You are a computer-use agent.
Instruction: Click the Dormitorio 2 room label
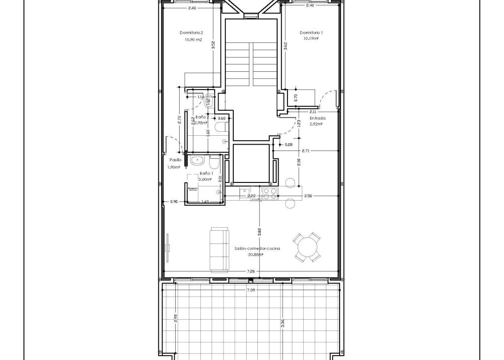pyautogui.click(x=191, y=33)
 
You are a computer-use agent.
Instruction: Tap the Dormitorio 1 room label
pyautogui.click(x=311, y=33)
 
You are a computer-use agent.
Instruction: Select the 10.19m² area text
pyautogui.click(x=311, y=38)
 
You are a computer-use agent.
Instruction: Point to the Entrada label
pyautogui.click(x=317, y=119)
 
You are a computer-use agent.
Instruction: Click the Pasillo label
pyautogui.click(x=176, y=160)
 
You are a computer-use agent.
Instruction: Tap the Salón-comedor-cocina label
pyautogui.click(x=257, y=249)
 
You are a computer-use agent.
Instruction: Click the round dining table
pyautogui.click(x=307, y=247)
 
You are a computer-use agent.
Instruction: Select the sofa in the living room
pyautogui.click(x=219, y=249)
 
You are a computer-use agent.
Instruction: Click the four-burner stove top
pyautogui.click(x=270, y=194)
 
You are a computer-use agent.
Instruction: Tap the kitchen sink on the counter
pyautogui.click(x=245, y=193)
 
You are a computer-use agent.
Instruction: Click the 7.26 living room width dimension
pyautogui.click(x=251, y=271)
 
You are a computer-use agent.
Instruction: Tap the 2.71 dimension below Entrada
pyautogui.click(x=306, y=150)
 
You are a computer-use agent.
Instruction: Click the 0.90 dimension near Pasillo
pyautogui.click(x=174, y=202)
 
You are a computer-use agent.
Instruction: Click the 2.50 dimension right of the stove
pyautogui.click(x=308, y=196)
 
